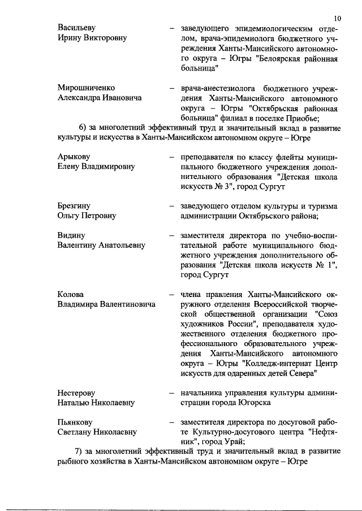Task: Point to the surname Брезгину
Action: pos(74,206)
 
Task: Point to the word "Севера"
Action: pos(299,373)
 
